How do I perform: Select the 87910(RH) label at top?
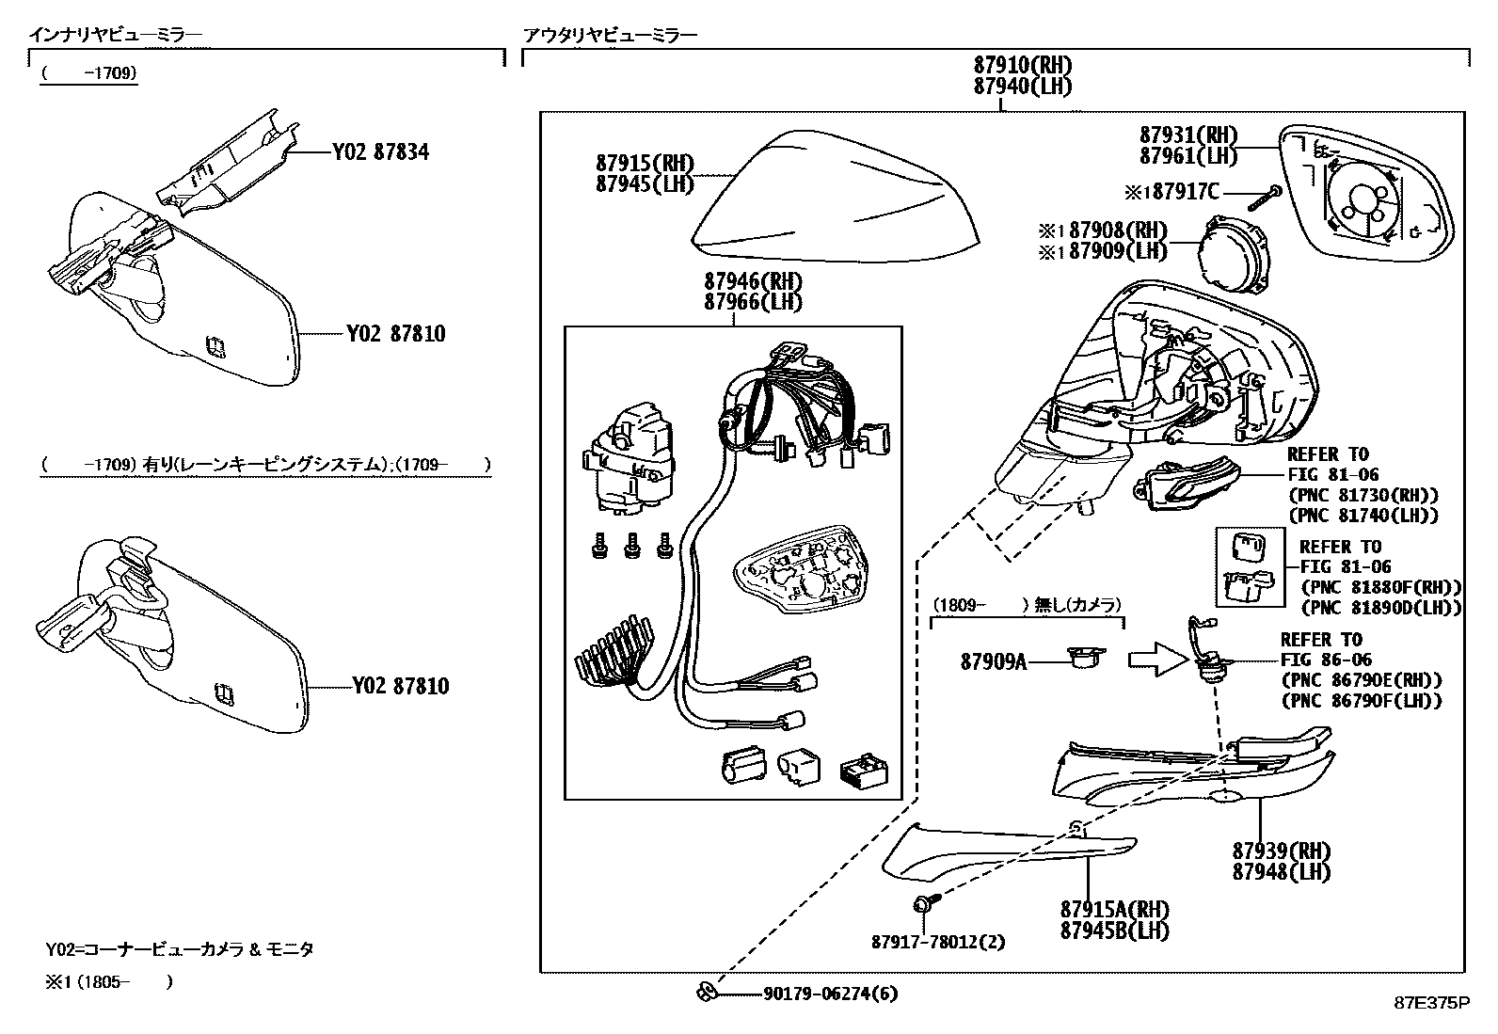[x=1023, y=66]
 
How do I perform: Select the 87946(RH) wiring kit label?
[x=753, y=281]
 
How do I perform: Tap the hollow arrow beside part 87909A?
[x=1158, y=660]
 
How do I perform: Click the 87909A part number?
[x=993, y=661]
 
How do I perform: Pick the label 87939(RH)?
[x=1282, y=851]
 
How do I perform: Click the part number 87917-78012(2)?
[x=937, y=942]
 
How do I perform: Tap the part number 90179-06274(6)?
[x=816, y=994]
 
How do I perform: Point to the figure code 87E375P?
[x=1431, y=1003]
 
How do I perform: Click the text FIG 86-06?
[x=1326, y=660]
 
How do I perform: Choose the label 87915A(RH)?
[x=1114, y=910]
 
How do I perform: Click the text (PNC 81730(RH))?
[x=1363, y=495]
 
